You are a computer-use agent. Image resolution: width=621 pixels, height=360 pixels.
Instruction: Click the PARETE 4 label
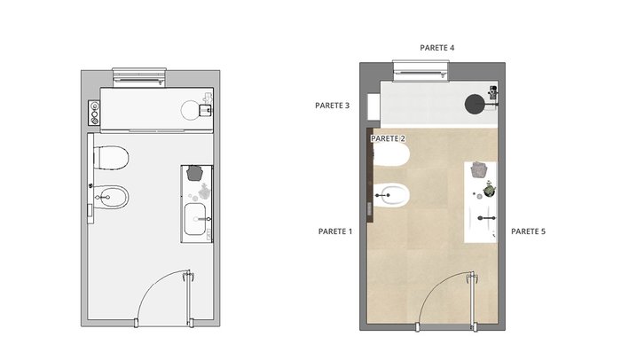[x=436, y=48]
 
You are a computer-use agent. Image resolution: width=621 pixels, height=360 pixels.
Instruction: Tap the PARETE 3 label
[x=333, y=106]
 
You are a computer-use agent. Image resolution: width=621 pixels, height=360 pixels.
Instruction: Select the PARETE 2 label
[x=388, y=138]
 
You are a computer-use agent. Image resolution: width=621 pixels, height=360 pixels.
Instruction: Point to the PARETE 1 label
[x=335, y=231]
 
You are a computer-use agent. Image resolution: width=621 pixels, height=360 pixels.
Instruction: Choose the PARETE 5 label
[x=528, y=231]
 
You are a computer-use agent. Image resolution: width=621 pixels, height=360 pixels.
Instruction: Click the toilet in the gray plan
[x=111, y=158]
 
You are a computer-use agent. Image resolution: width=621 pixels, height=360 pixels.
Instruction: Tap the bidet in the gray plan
[x=112, y=197]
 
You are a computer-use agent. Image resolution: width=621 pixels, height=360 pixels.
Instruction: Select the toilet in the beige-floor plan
[x=391, y=155]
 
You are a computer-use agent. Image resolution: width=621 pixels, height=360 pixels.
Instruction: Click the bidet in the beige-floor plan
[x=392, y=195]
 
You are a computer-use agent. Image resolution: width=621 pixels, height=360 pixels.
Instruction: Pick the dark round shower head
[x=475, y=104]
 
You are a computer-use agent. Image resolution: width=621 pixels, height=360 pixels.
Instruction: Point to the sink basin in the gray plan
[x=195, y=219]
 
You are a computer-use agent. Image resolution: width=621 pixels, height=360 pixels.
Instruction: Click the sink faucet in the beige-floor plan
[x=487, y=218]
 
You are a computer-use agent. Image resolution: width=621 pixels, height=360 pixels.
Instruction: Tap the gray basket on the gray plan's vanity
[x=194, y=173]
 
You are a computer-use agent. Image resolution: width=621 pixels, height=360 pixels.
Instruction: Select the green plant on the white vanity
[x=490, y=190]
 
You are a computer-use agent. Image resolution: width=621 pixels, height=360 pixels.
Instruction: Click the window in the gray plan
[x=139, y=78]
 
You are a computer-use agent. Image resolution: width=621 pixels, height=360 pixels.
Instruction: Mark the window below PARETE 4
[x=421, y=71]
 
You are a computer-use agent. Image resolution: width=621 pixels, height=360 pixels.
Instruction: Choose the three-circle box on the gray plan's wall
[x=94, y=113]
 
